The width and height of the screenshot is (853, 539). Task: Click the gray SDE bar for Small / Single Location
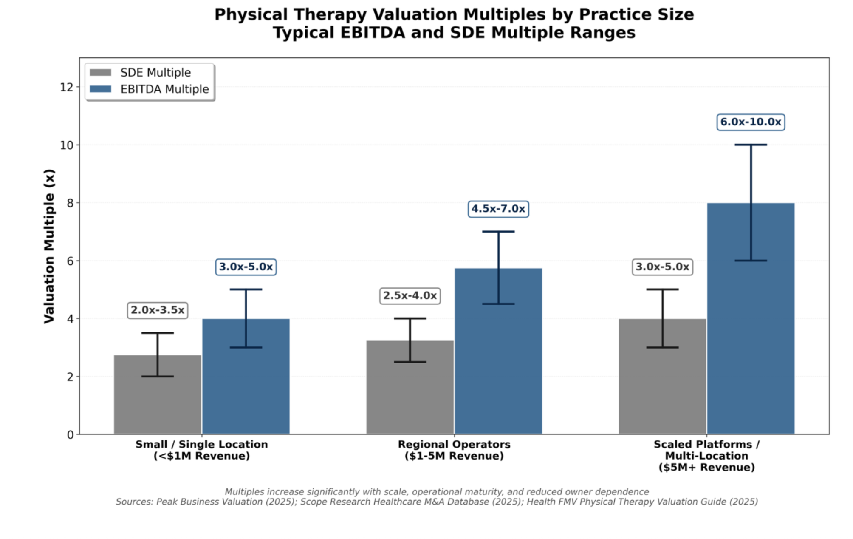coord(158,404)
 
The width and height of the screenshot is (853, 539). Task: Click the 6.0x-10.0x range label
coord(751,122)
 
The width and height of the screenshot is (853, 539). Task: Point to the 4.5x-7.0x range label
coord(498,209)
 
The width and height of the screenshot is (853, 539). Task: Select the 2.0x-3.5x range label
coord(158,310)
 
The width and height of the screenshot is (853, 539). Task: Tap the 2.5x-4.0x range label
coord(410,296)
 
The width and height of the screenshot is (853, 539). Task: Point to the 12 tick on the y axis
coord(67,88)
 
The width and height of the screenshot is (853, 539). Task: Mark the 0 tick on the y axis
coord(70,435)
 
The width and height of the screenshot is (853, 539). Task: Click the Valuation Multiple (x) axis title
coord(49,247)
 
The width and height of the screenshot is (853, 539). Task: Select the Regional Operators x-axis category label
coord(454,450)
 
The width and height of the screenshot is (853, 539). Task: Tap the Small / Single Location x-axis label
coord(202,450)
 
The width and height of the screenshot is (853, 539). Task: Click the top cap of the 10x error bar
coord(751,145)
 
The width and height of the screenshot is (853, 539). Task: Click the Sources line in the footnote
coord(437,502)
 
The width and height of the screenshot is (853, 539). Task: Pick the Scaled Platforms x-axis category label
coord(706,456)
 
